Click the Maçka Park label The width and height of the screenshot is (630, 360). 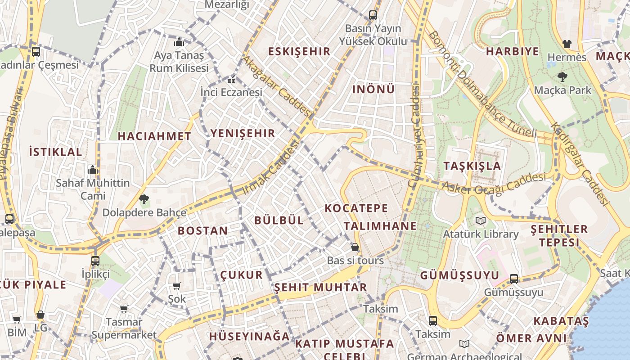tap(562, 90)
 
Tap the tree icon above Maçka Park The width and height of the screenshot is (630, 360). tap(562, 76)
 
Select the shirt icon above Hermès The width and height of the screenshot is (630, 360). tap(567, 44)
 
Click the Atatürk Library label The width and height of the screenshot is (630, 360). tap(481, 234)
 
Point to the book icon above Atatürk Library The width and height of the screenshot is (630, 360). tap(481, 220)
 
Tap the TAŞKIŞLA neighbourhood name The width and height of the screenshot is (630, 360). tap(472, 166)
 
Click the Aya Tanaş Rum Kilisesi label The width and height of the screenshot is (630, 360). tap(179, 62)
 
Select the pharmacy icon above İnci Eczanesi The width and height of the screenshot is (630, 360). tap(231, 81)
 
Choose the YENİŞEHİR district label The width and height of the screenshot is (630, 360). tap(243, 133)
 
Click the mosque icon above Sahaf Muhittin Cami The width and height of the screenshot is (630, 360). tap(93, 170)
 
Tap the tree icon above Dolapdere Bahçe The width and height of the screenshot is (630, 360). tap(144, 198)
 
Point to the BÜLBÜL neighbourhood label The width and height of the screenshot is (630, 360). tap(279, 220)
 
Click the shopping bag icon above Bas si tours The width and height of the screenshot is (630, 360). tap(355, 247)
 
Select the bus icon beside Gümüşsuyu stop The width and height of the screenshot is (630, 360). tap(514, 279)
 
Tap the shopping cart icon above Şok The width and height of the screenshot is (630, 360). tap(177, 286)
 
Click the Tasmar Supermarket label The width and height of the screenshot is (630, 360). tap(124, 328)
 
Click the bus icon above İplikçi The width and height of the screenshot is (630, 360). tap(95, 261)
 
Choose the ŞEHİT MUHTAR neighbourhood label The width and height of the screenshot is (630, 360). tap(320, 287)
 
